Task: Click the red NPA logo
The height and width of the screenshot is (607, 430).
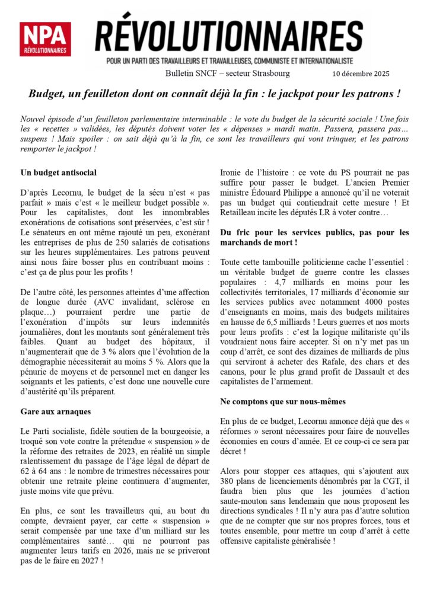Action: pyautogui.click(x=45, y=39)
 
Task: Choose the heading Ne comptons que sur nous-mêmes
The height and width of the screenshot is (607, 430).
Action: pyautogui.click(x=282, y=401)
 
